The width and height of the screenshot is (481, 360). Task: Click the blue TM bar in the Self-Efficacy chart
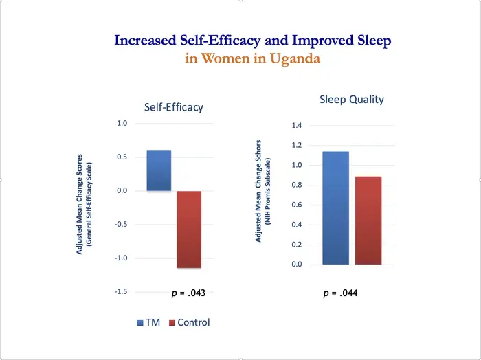pos(159,170)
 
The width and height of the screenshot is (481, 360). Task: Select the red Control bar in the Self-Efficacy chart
pos(189,229)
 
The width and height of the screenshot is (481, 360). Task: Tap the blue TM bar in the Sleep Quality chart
pos(335,207)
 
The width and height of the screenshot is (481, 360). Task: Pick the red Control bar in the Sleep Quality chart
pos(368,220)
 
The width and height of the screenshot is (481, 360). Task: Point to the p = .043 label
pos(188,293)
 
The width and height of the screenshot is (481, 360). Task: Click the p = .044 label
pos(340,293)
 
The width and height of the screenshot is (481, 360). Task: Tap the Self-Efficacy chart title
pos(173,107)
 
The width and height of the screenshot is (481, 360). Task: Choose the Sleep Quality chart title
pos(351,100)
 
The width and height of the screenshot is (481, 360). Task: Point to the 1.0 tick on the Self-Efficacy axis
pos(122,124)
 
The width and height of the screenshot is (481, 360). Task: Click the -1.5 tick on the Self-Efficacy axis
pos(120,292)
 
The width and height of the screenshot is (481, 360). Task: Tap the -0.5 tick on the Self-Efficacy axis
pos(120,225)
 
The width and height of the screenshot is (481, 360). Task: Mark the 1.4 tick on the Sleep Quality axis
pos(297,126)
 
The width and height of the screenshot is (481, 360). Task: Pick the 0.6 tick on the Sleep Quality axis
pos(297,205)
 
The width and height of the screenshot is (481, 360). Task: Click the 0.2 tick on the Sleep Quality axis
pos(297,245)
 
